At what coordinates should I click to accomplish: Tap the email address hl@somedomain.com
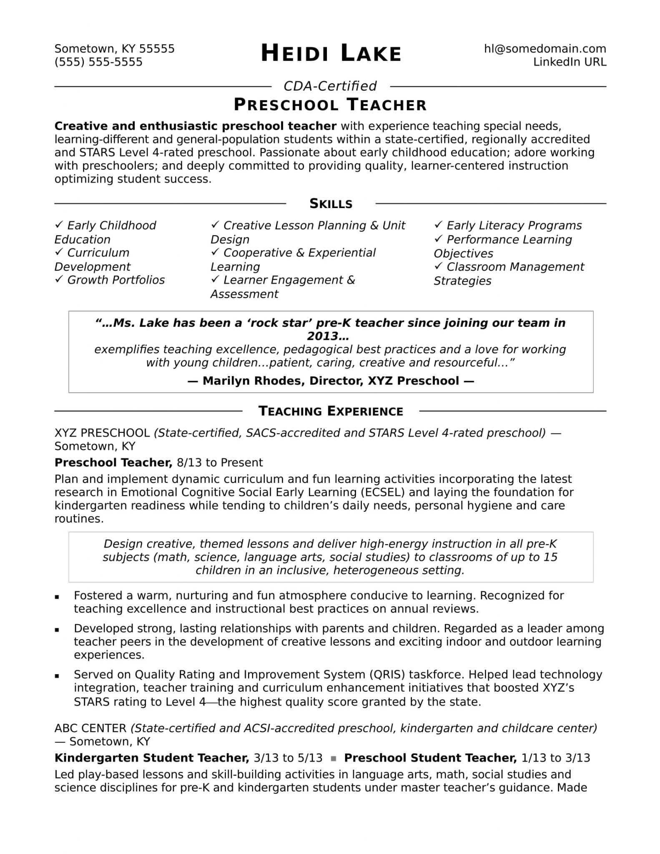coord(545,49)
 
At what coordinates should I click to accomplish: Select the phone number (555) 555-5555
coord(98,62)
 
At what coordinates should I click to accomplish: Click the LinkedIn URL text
coord(570,62)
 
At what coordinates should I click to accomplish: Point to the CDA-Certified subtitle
coord(330,86)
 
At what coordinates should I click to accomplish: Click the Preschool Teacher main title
coord(330,105)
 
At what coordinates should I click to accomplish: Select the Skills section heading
coord(331,203)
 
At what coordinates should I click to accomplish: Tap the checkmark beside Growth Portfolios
coord(58,279)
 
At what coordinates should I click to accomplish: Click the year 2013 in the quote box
coord(328,336)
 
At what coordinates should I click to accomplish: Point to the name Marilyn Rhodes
coord(253,381)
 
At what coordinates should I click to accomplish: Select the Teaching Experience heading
coord(331,411)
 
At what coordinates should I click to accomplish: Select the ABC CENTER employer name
coord(90,728)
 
